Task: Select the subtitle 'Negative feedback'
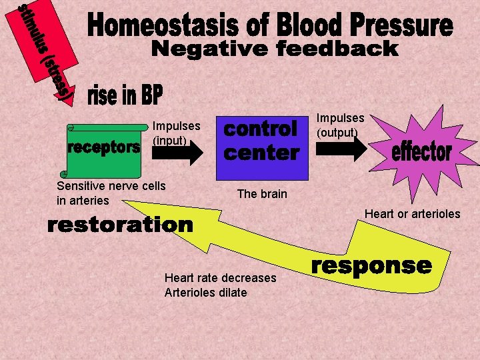274,49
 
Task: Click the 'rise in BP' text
125,97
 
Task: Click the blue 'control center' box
261,141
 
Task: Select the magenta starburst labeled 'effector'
421,150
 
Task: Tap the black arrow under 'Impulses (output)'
341,148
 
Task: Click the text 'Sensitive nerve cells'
111,186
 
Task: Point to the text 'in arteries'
83,200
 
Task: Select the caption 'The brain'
262,194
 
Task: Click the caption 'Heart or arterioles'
412,214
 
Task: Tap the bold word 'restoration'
120,225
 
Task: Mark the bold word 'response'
372,266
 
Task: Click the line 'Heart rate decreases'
220,278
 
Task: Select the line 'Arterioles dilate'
205,293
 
